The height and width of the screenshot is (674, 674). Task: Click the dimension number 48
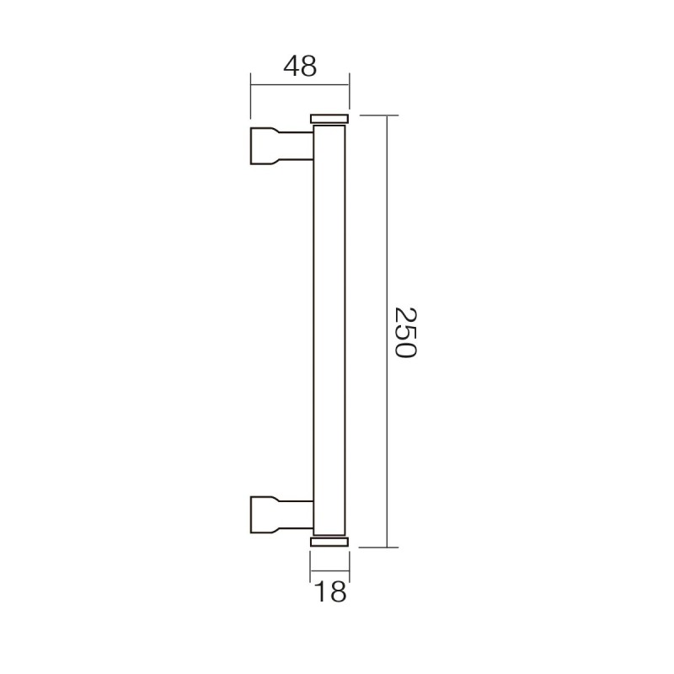[300, 67]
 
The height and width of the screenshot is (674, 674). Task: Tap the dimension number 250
[405, 332]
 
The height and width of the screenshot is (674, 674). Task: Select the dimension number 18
[330, 591]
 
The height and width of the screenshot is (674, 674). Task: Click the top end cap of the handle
[329, 119]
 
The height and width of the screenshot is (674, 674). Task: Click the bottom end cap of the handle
[329, 542]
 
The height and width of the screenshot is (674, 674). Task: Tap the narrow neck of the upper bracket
[297, 146]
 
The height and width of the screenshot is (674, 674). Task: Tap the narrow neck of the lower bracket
[297, 515]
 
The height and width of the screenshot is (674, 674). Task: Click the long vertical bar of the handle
[329, 330]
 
